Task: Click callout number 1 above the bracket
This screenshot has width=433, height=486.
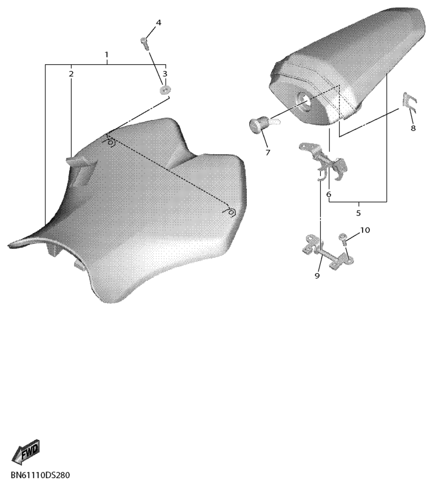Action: pos(107,55)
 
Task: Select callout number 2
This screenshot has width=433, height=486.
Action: pos(71,74)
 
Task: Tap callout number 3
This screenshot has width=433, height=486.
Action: pos(165,73)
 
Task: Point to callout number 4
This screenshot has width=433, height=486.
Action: pos(158,22)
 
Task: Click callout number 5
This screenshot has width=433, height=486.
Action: pos(358,213)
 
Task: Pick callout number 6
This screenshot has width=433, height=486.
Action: pos(329,194)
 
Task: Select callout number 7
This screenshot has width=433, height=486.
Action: pos(267,152)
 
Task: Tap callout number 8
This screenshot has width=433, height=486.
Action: pos(413,128)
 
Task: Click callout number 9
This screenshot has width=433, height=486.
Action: pos(317,275)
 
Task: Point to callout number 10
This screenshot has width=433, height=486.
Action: pos(365,230)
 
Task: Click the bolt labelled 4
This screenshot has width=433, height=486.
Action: pos(145,44)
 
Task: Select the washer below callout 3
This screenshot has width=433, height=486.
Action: pos(165,90)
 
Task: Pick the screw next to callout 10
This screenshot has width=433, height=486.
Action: pos(344,239)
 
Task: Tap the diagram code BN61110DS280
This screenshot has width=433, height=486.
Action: pos(40,475)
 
